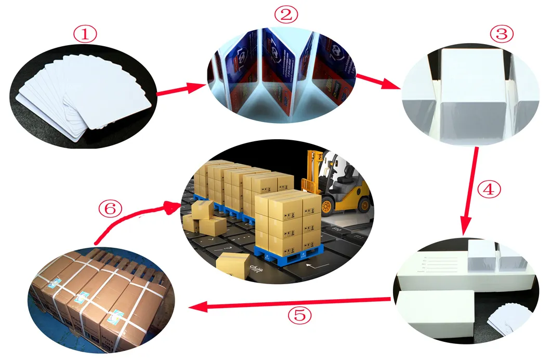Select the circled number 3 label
[502, 34]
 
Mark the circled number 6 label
[110, 209]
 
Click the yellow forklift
[337, 182]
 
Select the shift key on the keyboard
[255, 266]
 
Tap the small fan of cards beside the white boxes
[509, 317]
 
